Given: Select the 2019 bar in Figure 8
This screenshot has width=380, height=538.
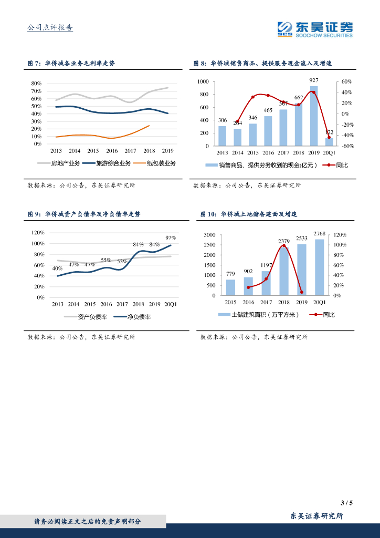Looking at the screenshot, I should (x=313, y=116).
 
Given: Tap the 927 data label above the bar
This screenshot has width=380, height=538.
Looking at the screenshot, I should (x=313, y=80).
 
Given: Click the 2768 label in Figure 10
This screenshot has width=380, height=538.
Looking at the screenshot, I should (x=319, y=233).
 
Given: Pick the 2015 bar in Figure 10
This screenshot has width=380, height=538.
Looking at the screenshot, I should (x=230, y=287).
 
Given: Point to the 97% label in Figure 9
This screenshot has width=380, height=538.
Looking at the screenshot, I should (x=171, y=237).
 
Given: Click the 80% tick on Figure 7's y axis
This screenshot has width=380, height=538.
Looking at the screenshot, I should (x=36, y=84).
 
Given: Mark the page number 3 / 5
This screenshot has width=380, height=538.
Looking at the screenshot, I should (x=346, y=503).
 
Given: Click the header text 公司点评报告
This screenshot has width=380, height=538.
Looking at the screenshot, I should (x=50, y=28).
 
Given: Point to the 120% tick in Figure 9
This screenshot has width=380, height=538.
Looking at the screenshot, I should (x=38, y=232).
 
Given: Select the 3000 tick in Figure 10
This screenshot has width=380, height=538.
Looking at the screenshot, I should (x=209, y=235).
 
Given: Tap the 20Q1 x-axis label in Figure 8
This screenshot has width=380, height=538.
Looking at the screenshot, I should (x=329, y=152).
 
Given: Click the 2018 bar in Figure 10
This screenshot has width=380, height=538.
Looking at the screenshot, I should (x=284, y=271).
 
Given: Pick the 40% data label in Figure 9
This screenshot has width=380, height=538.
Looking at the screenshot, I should (x=57, y=268).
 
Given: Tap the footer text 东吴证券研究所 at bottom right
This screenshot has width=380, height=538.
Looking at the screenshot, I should (x=317, y=516).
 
